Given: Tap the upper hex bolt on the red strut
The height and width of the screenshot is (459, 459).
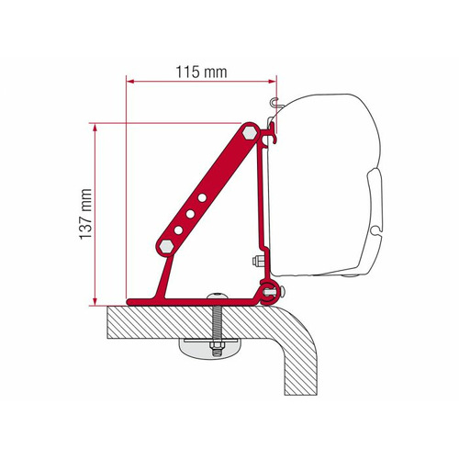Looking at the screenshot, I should coord(249,134).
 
